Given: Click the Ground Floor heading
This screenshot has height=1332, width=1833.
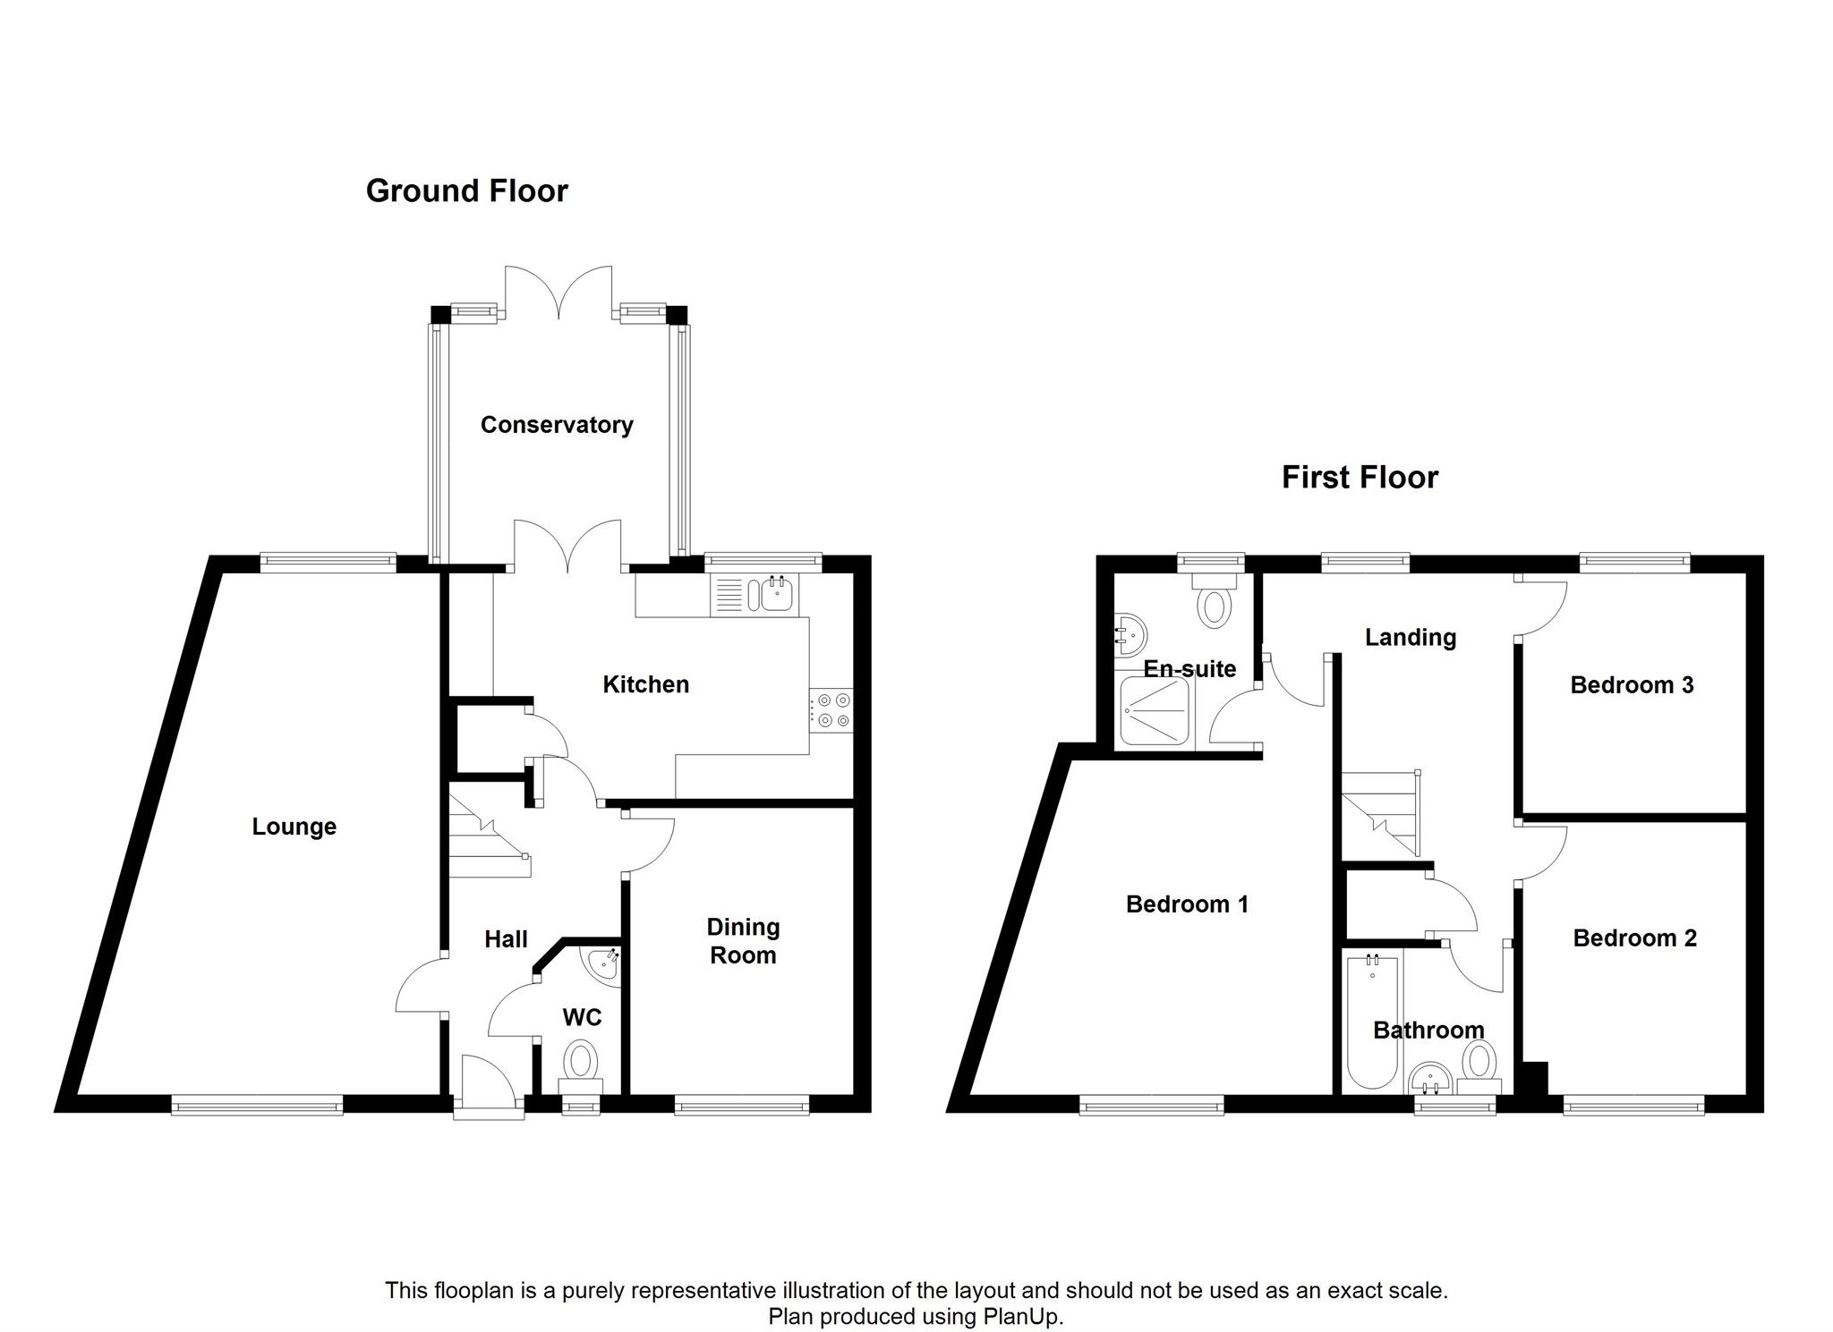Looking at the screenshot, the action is (466, 191).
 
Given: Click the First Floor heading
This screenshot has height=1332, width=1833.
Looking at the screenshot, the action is (1360, 477).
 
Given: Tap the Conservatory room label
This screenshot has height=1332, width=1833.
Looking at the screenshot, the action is (557, 425).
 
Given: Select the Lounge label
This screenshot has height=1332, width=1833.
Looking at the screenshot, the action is (294, 827).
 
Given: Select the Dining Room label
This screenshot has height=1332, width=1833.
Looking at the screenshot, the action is (743, 941).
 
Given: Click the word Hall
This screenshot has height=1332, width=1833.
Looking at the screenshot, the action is (506, 939).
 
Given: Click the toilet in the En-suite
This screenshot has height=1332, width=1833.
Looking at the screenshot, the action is (1215, 599).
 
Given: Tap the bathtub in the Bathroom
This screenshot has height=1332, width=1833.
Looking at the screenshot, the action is (1373, 1022).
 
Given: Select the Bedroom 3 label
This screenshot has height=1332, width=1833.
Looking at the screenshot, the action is (1632, 685).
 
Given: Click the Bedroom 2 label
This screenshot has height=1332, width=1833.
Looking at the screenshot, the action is (1635, 938).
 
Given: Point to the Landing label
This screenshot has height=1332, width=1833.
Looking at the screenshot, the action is (1411, 638).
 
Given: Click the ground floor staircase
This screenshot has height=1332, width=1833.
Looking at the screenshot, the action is (489, 836).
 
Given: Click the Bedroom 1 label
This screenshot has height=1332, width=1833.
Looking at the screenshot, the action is (1187, 904).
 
